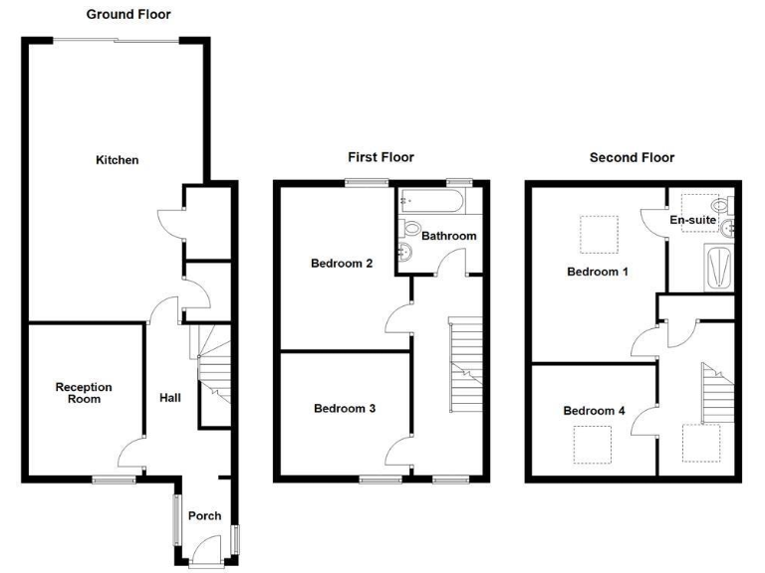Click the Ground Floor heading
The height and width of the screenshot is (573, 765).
pos(128,15)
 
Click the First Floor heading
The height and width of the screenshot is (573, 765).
pos(381,157)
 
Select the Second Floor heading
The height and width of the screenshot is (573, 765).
pos(632,157)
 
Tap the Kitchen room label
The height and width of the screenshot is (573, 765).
pos(117,160)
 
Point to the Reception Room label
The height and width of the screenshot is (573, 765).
pos(84,393)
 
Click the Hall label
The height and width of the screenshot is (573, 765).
pos(170,398)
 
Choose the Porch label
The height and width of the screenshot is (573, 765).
pos(204,515)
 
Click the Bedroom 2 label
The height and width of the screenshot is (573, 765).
pos(342,264)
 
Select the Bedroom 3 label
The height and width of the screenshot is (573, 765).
pos(344,408)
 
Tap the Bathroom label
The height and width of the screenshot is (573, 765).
pos(448,237)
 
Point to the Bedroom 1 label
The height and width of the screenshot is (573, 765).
pos(597,272)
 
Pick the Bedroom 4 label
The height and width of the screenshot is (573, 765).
pos(593,411)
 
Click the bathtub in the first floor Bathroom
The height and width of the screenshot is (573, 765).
pos(429,204)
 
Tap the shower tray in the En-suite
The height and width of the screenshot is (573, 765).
pos(718,266)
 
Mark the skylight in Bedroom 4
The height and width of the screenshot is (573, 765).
pos(593,444)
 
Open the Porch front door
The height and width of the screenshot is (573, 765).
pos(206,550)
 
